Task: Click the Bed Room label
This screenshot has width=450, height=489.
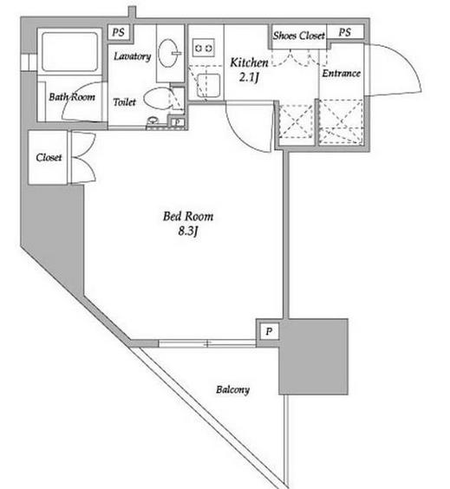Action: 188,216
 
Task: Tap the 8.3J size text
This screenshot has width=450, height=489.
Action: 188,231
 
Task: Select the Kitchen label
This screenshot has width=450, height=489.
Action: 249,62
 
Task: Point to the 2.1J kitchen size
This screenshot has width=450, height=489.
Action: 249,76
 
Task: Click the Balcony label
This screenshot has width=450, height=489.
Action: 232,390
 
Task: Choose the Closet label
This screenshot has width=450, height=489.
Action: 49,158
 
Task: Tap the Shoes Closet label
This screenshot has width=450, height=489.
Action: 299,36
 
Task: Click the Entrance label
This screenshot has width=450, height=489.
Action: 341,74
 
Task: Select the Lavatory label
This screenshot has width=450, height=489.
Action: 132,56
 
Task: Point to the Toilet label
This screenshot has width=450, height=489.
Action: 124,102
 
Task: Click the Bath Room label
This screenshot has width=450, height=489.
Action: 72,97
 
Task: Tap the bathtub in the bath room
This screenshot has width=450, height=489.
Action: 69,51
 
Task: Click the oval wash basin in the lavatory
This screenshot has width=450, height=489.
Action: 168,53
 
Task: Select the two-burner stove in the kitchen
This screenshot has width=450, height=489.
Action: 203,48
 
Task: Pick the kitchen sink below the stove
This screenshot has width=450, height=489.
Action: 208,85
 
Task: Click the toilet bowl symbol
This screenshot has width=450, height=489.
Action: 158,99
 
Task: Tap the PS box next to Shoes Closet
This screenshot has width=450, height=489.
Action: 345,32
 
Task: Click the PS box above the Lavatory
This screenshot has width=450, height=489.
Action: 119,32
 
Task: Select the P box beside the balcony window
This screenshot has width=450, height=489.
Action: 269,331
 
